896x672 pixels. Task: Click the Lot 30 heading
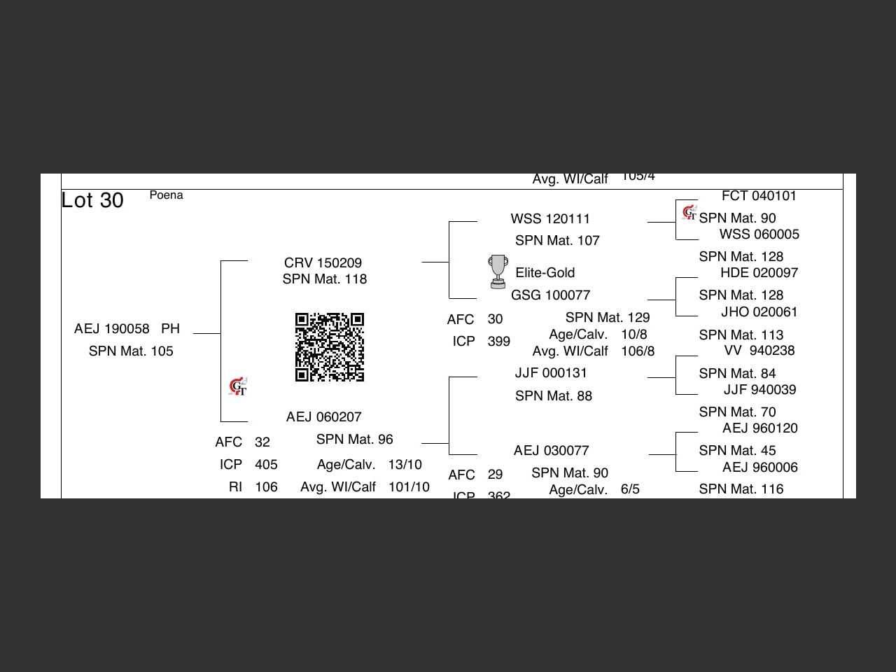click(x=92, y=200)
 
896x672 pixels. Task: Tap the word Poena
click(x=166, y=195)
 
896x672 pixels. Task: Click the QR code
click(x=330, y=347)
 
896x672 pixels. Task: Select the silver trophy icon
click(x=498, y=272)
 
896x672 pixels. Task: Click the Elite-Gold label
click(x=545, y=273)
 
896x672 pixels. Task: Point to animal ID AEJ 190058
click(x=112, y=329)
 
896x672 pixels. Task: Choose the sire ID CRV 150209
click(x=323, y=263)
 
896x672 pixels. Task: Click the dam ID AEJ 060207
click(x=323, y=417)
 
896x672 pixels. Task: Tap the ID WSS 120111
click(x=550, y=219)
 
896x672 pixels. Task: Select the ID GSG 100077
click(x=550, y=295)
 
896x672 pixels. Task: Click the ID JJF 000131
click(x=551, y=373)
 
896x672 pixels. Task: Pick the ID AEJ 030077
click(x=551, y=451)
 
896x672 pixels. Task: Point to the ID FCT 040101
click(x=759, y=196)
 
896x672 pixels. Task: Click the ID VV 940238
click(x=759, y=351)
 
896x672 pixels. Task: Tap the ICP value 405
click(x=266, y=465)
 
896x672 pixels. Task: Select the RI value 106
click(x=266, y=487)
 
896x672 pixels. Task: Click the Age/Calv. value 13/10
click(x=405, y=465)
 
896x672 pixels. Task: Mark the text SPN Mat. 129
click(x=607, y=318)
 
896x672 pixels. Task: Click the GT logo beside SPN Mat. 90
click(x=689, y=212)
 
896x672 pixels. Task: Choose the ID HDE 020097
click(x=759, y=273)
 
